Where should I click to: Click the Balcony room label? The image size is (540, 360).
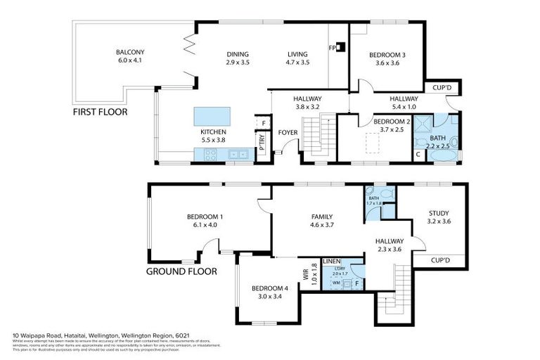[130, 52]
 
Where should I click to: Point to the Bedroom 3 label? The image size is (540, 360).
[387, 55]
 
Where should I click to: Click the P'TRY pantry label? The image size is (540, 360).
[262, 148]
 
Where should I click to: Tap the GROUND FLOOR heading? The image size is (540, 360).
[181, 271]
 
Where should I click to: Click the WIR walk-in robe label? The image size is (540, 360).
[307, 276]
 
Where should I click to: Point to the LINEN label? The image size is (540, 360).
[332, 261]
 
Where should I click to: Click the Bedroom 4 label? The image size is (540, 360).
[270, 288]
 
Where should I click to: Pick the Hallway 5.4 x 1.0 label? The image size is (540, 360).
[404, 108]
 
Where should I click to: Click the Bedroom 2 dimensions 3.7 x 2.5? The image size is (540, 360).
[377, 129]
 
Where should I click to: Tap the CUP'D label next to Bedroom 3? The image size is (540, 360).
[442, 89]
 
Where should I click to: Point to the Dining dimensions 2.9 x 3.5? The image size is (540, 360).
[238, 63]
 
